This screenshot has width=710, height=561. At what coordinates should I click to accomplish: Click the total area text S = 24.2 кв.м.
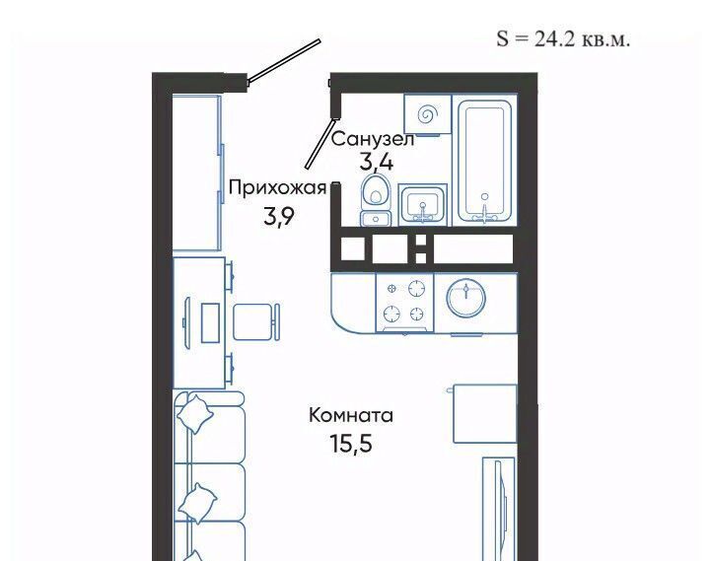563,38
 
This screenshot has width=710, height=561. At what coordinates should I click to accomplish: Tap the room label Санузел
373,139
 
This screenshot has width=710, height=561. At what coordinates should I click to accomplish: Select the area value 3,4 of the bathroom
377,162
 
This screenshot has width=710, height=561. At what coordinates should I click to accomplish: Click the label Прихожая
277,187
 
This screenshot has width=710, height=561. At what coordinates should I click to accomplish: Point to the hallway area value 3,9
279,217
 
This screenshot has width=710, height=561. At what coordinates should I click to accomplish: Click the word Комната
351,415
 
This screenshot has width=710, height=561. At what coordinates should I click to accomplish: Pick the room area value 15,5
351,444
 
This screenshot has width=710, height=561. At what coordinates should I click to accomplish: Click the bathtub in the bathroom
484,161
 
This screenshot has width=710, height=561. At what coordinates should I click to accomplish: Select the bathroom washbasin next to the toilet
422,205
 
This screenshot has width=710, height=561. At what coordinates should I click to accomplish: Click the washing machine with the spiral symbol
427,115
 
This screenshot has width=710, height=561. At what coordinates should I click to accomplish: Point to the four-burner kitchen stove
404,303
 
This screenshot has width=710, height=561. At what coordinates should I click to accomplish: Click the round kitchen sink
465,299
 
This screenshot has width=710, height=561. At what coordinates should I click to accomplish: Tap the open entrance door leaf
284,61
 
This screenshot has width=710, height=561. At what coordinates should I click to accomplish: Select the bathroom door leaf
321,143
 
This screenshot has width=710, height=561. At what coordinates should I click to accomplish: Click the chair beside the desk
256,322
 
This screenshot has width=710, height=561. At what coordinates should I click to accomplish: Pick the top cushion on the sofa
195,413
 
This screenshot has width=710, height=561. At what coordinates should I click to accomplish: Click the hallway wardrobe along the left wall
197,173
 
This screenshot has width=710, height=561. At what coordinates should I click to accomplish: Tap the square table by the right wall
485,413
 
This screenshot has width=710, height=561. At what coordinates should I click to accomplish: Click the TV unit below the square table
499,509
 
